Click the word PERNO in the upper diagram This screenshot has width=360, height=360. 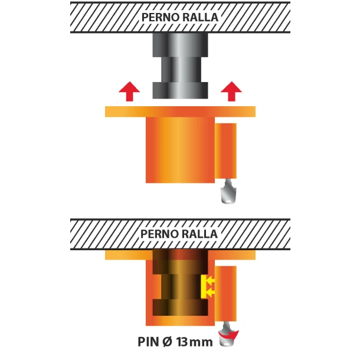(159, 18)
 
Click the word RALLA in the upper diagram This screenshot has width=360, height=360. (199, 18)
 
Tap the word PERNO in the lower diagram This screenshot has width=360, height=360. (158, 234)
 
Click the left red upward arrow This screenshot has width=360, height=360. (129, 91)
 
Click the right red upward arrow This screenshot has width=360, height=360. (231, 91)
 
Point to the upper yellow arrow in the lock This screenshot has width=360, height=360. (210, 280)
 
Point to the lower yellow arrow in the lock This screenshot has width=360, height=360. (210, 293)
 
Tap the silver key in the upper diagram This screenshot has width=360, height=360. (228, 191)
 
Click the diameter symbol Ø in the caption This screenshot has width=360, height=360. (168, 342)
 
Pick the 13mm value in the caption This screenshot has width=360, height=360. (195, 342)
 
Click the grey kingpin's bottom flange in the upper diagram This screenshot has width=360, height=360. (181, 90)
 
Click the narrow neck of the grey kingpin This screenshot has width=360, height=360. (181, 70)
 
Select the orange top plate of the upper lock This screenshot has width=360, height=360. (180, 112)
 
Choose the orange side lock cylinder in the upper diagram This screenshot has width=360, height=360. (225, 151)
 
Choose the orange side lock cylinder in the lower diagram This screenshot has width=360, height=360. (225, 294)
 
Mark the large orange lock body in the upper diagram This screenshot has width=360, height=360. (180, 150)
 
